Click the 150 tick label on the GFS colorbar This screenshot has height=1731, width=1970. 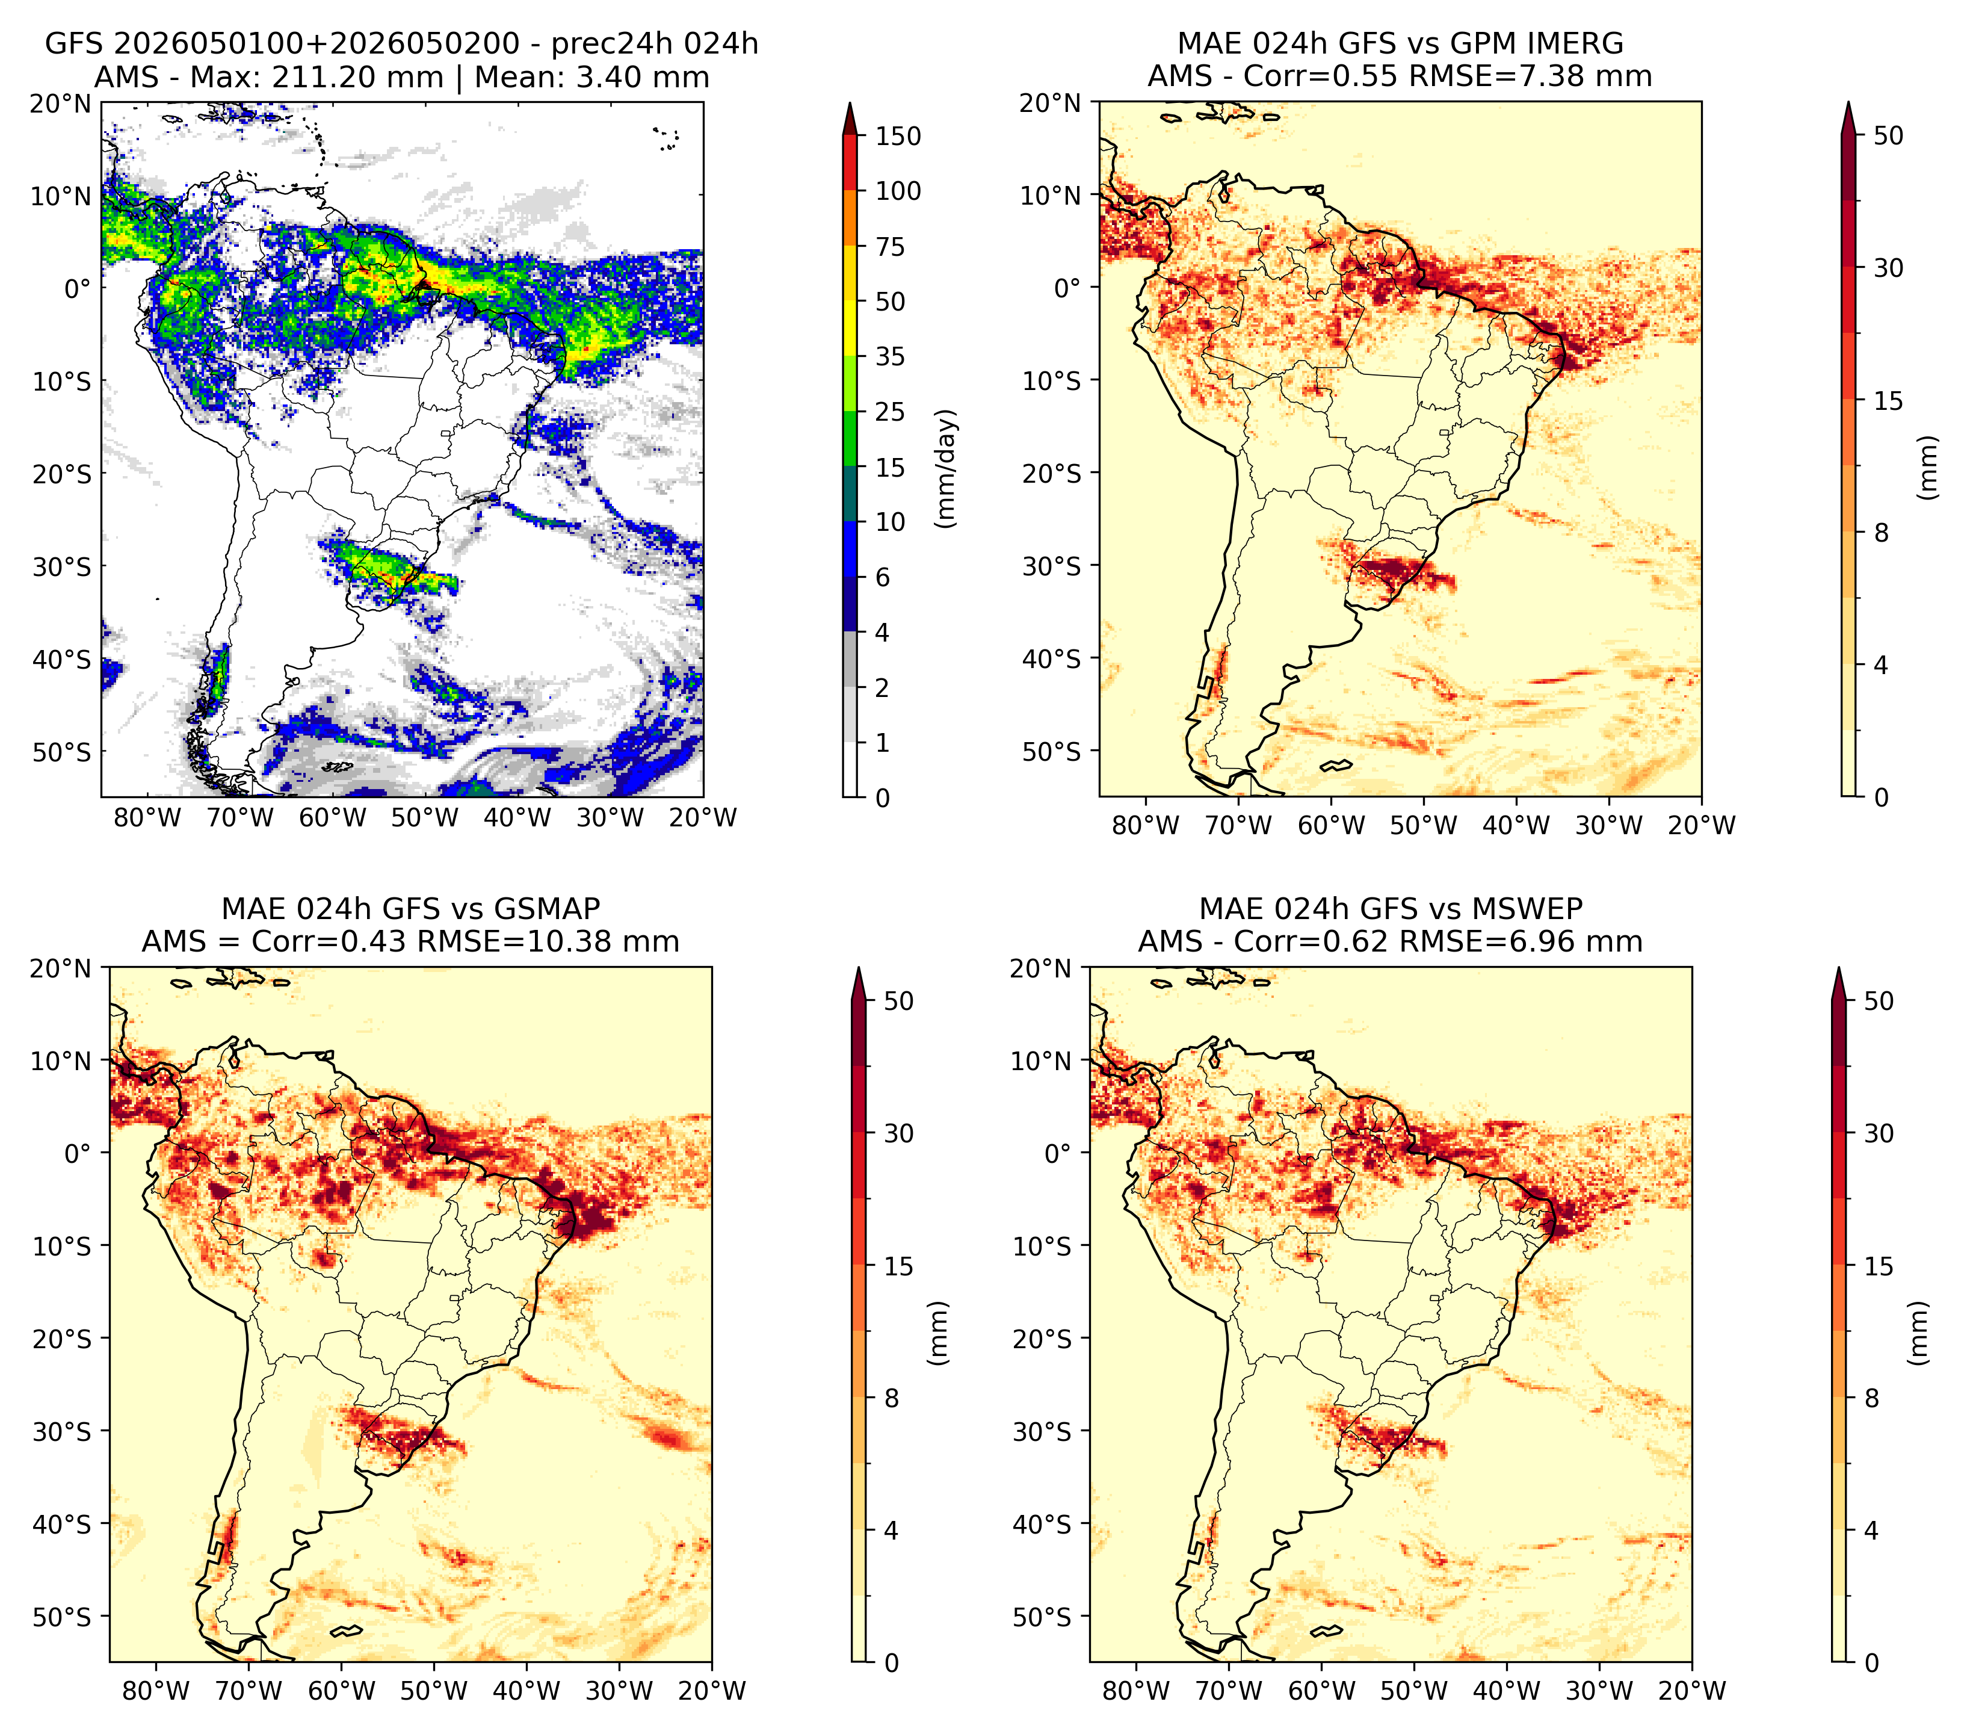click(898, 136)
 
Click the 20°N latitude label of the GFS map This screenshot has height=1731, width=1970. click(61, 103)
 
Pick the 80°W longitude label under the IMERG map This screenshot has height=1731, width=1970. click(1146, 825)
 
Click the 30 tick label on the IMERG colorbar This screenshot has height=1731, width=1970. click(1889, 268)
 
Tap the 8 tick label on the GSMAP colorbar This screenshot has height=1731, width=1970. click(891, 1399)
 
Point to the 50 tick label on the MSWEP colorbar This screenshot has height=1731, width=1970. click(1879, 1000)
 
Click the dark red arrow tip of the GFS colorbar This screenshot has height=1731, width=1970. click(850, 103)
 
